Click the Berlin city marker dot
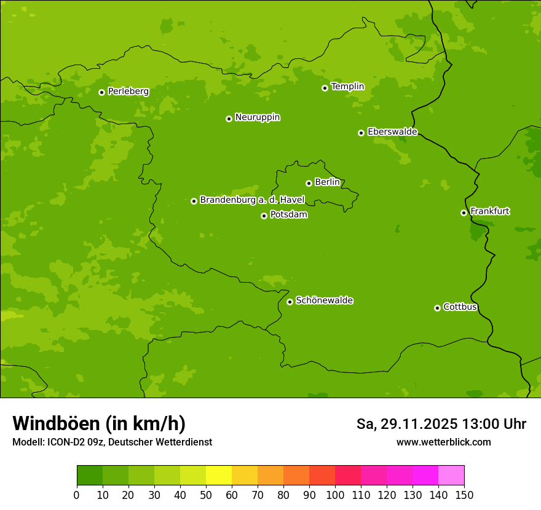click(x=309, y=183)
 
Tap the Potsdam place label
click(x=289, y=215)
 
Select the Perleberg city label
click(x=128, y=92)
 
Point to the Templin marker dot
click(x=325, y=88)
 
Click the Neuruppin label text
click(x=258, y=117)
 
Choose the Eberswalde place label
click(x=392, y=132)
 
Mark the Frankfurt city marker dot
click(x=464, y=213)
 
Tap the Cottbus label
click(x=460, y=307)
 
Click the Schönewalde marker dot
click(x=290, y=302)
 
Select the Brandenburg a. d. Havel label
click(x=252, y=200)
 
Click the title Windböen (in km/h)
click(x=99, y=423)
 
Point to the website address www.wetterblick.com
click(x=443, y=442)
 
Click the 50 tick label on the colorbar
click(x=206, y=495)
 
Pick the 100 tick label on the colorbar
click(x=335, y=495)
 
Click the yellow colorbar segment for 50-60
click(x=219, y=476)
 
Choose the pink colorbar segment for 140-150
click(x=451, y=476)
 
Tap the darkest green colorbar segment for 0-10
click(x=90, y=476)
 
